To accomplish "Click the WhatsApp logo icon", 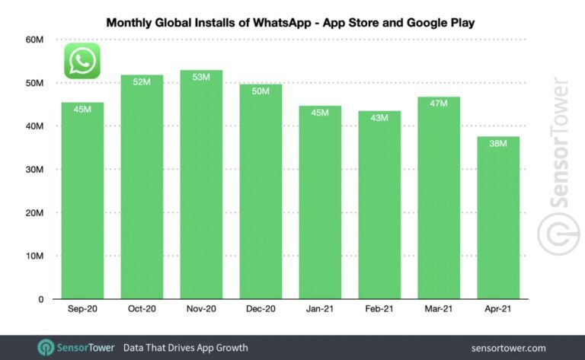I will tap(82, 61).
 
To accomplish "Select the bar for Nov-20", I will tap(201, 190).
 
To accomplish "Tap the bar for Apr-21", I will tap(497, 221).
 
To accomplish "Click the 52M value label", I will tap(142, 82).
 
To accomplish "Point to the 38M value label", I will tap(497, 144).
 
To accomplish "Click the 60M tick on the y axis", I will tap(34, 40).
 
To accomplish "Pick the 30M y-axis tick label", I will tap(34, 170).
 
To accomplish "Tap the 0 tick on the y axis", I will tap(40, 299).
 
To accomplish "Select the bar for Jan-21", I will tap(319, 205).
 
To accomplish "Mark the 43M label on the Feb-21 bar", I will tap(379, 118).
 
